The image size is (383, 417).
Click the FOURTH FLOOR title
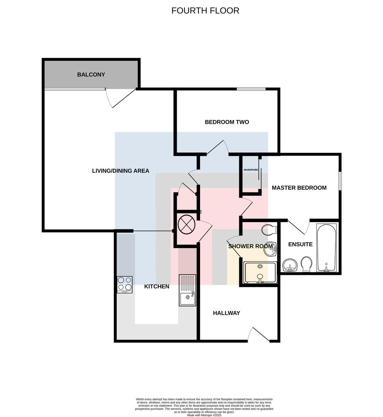click(205, 11)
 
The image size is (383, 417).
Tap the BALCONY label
click(91, 75)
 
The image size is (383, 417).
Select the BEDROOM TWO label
click(227, 122)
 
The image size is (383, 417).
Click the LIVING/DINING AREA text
click(120, 171)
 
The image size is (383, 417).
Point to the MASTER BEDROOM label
click(299, 188)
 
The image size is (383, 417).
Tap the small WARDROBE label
click(251, 170)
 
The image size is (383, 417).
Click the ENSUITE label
click(300, 244)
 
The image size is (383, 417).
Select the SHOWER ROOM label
click(250, 246)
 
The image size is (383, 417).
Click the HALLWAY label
click(226, 313)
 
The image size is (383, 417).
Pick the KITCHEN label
click(157, 287)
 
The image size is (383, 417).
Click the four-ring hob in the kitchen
click(125, 285)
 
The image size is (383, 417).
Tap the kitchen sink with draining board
click(188, 291)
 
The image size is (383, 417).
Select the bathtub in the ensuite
click(326, 247)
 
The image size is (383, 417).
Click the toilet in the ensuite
click(307, 264)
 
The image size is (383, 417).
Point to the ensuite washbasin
click(290, 265)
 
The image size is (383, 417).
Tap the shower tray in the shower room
click(260, 272)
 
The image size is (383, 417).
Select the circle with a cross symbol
click(186, 224)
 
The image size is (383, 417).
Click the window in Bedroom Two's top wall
click(251, 89)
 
